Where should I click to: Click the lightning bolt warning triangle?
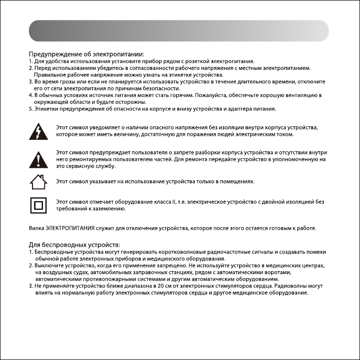[38, 131]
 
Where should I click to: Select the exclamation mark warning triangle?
[38, 159]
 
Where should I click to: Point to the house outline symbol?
[38, 182]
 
